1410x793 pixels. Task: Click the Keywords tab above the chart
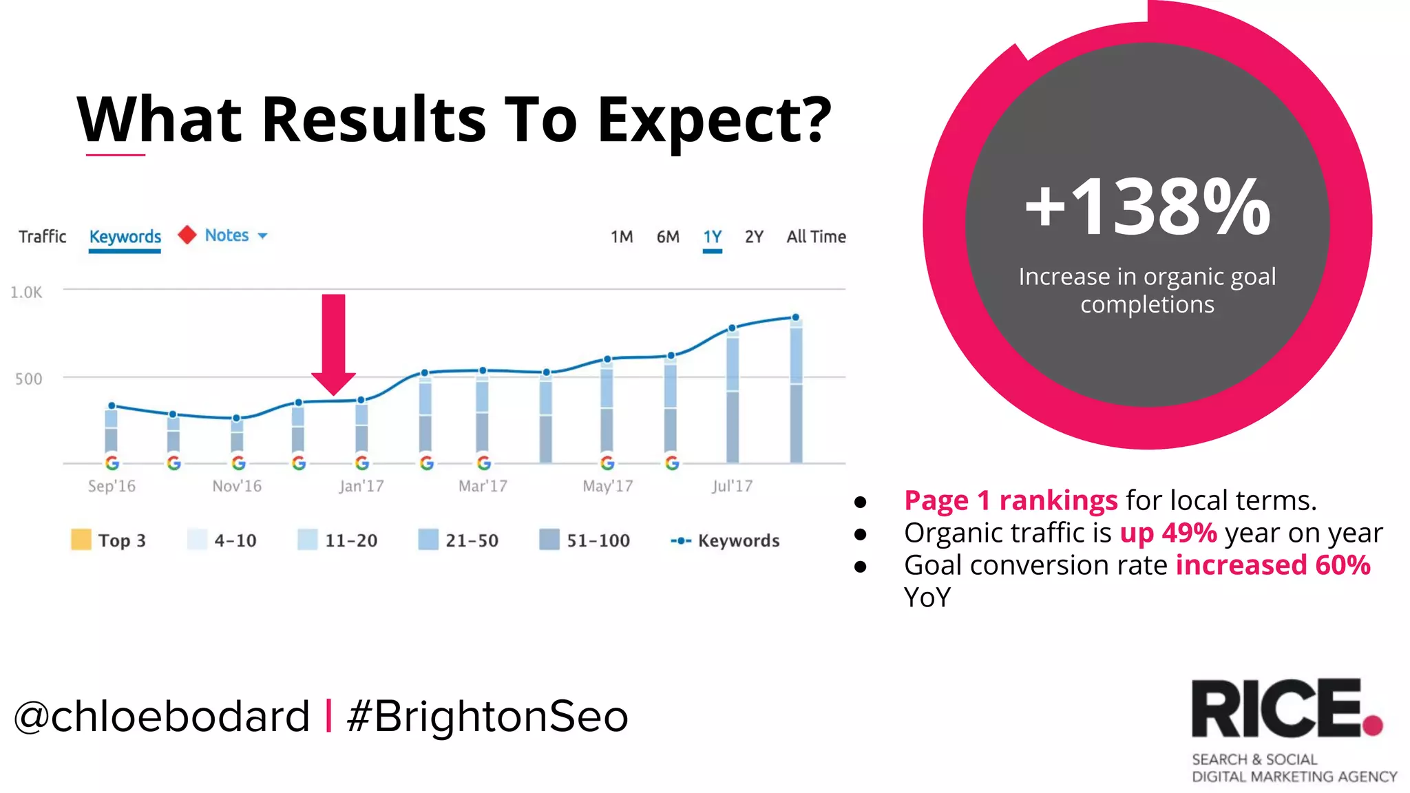pos(125,237)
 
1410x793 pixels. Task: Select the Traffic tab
pos(42,237)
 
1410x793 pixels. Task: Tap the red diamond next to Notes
pos(187,235)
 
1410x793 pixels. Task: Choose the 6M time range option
pos(667,237)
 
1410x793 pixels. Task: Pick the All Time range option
pos(816,237)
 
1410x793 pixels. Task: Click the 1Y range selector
pos(712,237)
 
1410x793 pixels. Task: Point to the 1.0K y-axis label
pos(26,293)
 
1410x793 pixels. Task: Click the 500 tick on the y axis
pos(28,379)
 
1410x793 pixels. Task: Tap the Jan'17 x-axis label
pos(361,486)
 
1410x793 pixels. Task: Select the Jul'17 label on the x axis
pos(732,486)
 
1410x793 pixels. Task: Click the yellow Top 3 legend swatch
pos(81,540)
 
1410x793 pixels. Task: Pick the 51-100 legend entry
pos(598,540)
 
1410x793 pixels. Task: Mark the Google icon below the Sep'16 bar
pos(112,463)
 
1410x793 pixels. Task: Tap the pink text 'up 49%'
pos(1168,533)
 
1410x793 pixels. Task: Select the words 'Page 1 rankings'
pos(1010,500)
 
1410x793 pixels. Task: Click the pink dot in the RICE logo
pos(1372,726)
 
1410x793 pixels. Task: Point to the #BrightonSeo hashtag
pos(487,717)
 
